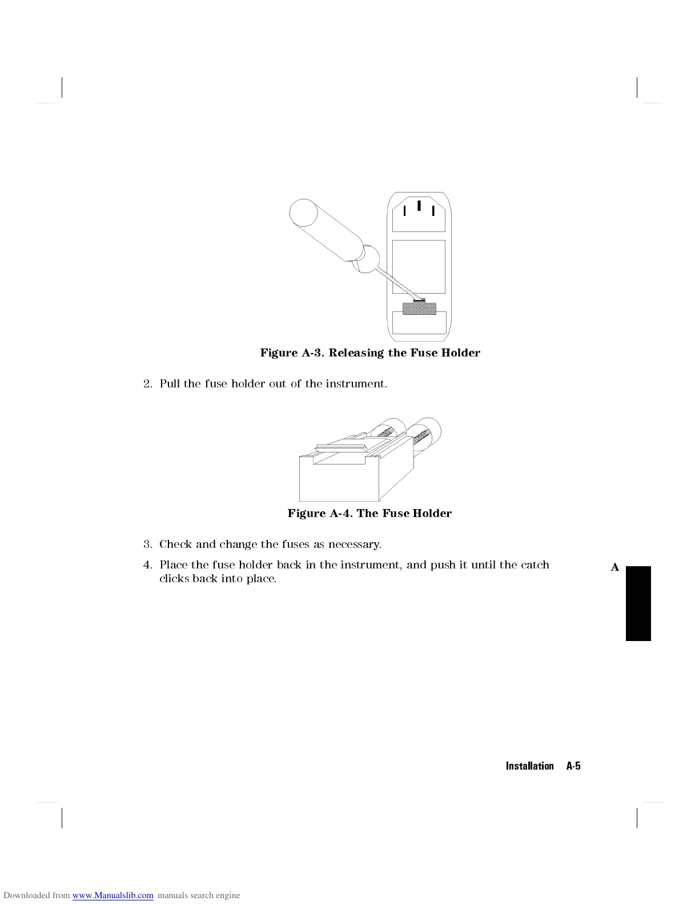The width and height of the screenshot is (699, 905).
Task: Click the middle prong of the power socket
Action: [x=419, y=206]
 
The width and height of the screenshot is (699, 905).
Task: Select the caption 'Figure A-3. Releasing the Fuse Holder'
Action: [x=370, y=353]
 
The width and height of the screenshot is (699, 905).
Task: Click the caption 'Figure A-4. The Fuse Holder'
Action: [x=369, y=513]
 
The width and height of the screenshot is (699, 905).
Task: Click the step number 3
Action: [x=147, y=544]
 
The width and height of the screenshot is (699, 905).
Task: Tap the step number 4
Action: [x=147, y=565]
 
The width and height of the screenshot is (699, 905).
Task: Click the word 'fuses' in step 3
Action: [x=295, y=544]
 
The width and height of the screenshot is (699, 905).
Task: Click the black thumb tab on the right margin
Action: [x=638, y=603]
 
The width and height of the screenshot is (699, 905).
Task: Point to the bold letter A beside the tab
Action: [x=614, y=567]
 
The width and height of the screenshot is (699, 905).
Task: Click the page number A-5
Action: [x=573, y=766]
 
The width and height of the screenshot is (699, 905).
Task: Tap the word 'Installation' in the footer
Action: [x=529, y=766]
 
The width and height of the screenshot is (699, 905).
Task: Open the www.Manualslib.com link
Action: [x=113, y=895]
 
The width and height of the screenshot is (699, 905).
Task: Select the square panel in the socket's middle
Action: [x=419, y=267]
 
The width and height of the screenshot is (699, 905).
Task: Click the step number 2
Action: [x=147, y=383]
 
